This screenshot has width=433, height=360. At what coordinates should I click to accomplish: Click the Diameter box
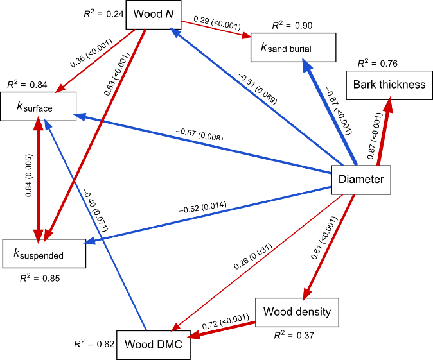coord(361,179)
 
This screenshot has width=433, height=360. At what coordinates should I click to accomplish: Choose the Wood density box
coord(297,313)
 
